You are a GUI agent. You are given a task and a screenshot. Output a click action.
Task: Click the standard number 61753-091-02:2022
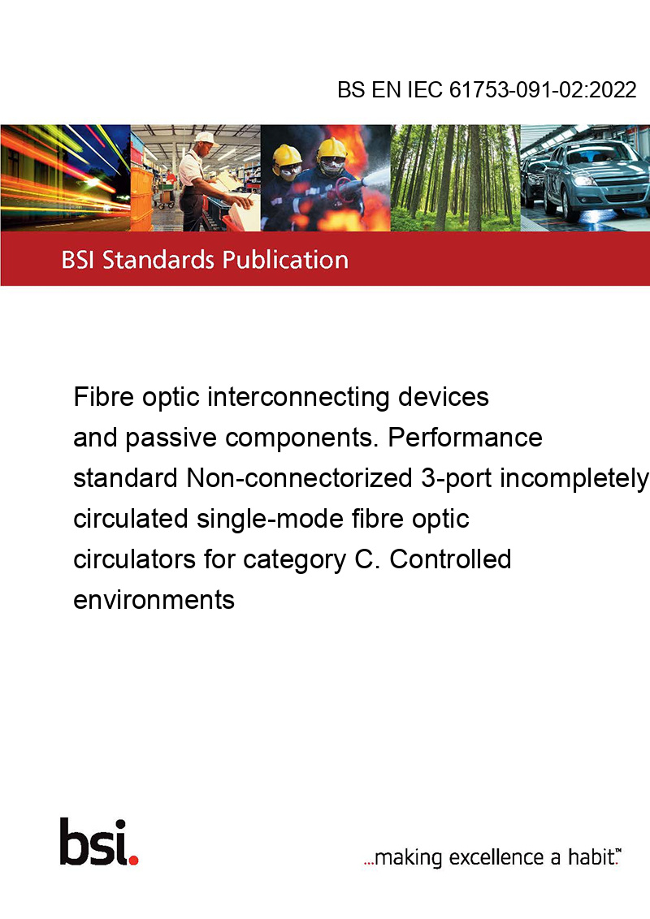pyautogui.click(x=543, y=89)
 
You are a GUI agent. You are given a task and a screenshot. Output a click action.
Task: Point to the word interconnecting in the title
pyautogui.click(x=298, y=397)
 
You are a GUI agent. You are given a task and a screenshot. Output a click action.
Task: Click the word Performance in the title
pyautogui.click(x=466, y=438)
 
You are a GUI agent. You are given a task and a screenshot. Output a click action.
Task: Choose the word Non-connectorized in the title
pyautogui.click(x=300, y=477)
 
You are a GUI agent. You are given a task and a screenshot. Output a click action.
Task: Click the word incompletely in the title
pyautogui.click(x=574, y=478)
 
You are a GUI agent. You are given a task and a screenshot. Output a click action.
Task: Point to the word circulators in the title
pyautogui.click(x=134, y=559)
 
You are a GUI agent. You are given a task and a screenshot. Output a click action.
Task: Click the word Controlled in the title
pyautogui.click(x=451, y=559)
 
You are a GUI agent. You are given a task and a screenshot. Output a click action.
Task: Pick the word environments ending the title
pyautogui.click(x=154, y=600)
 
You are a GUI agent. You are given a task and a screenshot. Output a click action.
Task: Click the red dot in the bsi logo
pyautogui.click(x=133, y=860)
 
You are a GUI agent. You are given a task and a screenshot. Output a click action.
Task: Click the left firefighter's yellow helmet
pyautogui.click(x=287, y=155)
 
